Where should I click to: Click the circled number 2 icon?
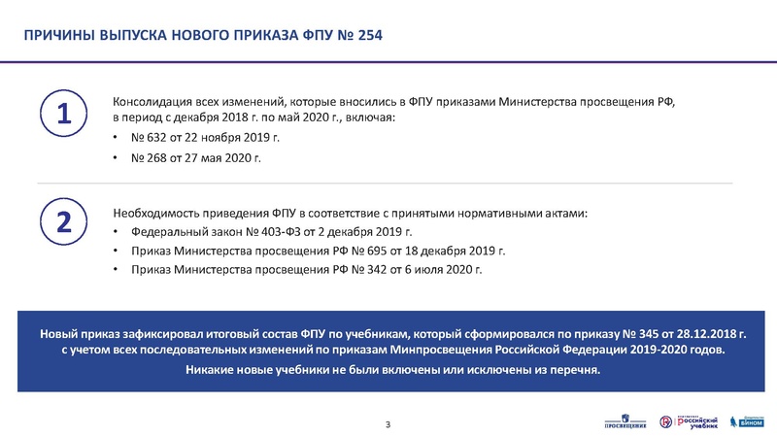click(x=63, y=221)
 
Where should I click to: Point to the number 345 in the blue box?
click(x=655, y=333)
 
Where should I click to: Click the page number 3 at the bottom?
click(x=388, y=423)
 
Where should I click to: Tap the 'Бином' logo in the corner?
click(x=746, y=420)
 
